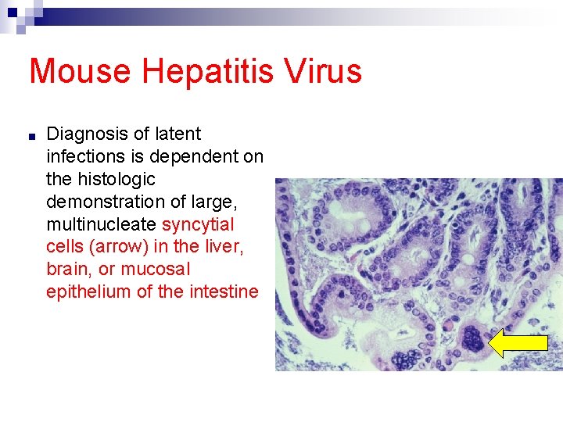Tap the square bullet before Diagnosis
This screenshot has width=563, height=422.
pos(30,136)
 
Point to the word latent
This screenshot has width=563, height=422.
pos(179,134)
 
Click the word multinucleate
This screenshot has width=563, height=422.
pos(102,225)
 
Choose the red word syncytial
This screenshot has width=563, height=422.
pos(198,225)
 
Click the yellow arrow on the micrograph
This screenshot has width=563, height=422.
pos(518,342)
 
